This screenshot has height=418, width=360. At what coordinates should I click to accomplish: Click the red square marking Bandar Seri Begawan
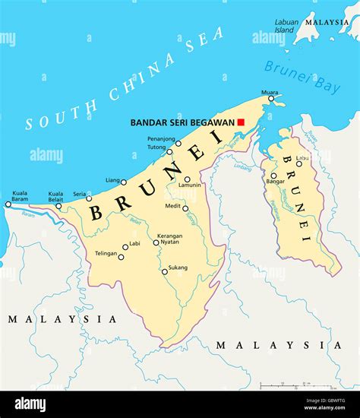click(x=241, y=122)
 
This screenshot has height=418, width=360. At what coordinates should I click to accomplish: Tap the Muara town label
click(x=270, y=93)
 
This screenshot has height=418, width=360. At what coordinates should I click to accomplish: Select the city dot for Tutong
click(x=169, y=151)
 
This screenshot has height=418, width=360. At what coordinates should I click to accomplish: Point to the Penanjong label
click(x=162, y=140)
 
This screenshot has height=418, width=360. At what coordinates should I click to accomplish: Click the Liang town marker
click(x=124, y=182)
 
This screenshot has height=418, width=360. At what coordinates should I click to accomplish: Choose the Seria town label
click(x=79, y=194)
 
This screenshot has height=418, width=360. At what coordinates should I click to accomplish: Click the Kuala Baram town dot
click(x=8, y=204)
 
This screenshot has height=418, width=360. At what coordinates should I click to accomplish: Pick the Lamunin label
click(x=190, y=185)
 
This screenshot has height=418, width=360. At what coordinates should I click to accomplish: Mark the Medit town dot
click(x=185, y=207)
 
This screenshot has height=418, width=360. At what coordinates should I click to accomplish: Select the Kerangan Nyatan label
click(x=169, y=239)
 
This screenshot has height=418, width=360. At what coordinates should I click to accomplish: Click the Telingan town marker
click(x=121, y=257)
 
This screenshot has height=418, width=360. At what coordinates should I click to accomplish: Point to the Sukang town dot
click(x=164, y=271)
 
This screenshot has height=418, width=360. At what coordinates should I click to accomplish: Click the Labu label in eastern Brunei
click(x=303, y=158)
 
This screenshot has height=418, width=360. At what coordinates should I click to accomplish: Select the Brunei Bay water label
click(x=302, y=77)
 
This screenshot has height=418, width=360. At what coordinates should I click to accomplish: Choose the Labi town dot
click(x=126, y=246)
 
